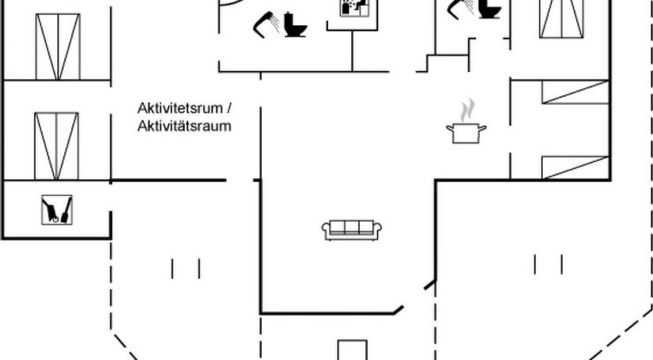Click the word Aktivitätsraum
tap(184, 125)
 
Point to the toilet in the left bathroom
tap(295, 24)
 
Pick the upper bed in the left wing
tap(58, 45)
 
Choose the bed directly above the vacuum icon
tap(56, 145)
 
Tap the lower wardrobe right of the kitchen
tap(575, 166)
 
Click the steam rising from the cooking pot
tap(467, 108)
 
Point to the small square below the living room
tap(352, 350)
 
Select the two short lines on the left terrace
tap(186, 268)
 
